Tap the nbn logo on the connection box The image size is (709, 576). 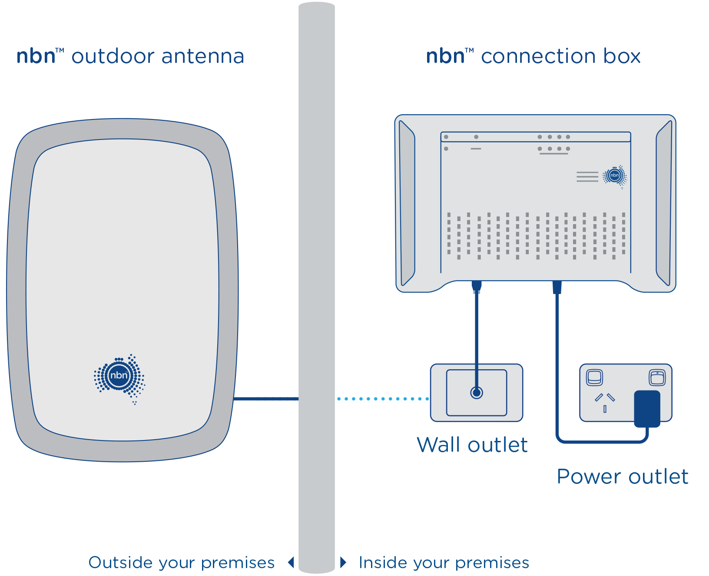click(614, 176)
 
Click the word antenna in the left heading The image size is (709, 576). click(202, 56)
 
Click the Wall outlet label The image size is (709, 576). click(472, 445)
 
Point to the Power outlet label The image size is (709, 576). click(623, 477)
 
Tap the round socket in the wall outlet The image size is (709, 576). click(477, 393)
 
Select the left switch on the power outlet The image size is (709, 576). click(594, 377)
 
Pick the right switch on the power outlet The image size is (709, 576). click(657, 377)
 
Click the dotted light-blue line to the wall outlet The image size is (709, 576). click(382, 398)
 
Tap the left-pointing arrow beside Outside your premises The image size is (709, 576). click(291, 563)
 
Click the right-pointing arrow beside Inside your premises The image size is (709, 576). click(343, 563)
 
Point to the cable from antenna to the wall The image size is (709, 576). click(266, 398)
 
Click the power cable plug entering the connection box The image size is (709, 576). click(557, 288)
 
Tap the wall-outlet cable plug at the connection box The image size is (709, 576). click(477, 286)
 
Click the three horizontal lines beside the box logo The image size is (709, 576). click(587, 177)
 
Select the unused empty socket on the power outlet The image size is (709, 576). click(605, 401)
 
